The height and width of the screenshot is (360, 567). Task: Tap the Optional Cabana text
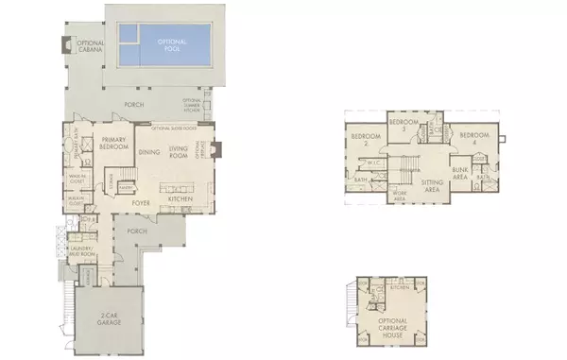90,47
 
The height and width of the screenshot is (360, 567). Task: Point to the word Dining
149,152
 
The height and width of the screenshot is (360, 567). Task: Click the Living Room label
180,151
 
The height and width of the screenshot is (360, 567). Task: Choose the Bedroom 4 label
472,138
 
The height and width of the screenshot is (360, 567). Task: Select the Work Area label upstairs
400,197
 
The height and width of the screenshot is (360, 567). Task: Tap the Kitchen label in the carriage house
401,286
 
